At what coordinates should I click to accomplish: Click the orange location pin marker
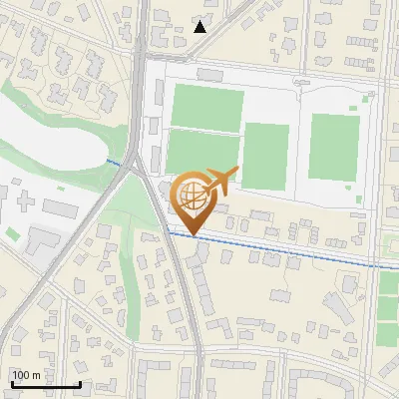192,199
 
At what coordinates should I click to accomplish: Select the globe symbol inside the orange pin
192,193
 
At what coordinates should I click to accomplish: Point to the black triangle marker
200,27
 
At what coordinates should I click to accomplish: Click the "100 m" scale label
26,375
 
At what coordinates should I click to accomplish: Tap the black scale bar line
46,384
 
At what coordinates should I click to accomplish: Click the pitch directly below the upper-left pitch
199,153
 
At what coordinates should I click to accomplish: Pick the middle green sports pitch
265,155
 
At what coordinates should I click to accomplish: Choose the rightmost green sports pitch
334,147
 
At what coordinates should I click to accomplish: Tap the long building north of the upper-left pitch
212,74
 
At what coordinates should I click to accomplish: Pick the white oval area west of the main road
50,140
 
